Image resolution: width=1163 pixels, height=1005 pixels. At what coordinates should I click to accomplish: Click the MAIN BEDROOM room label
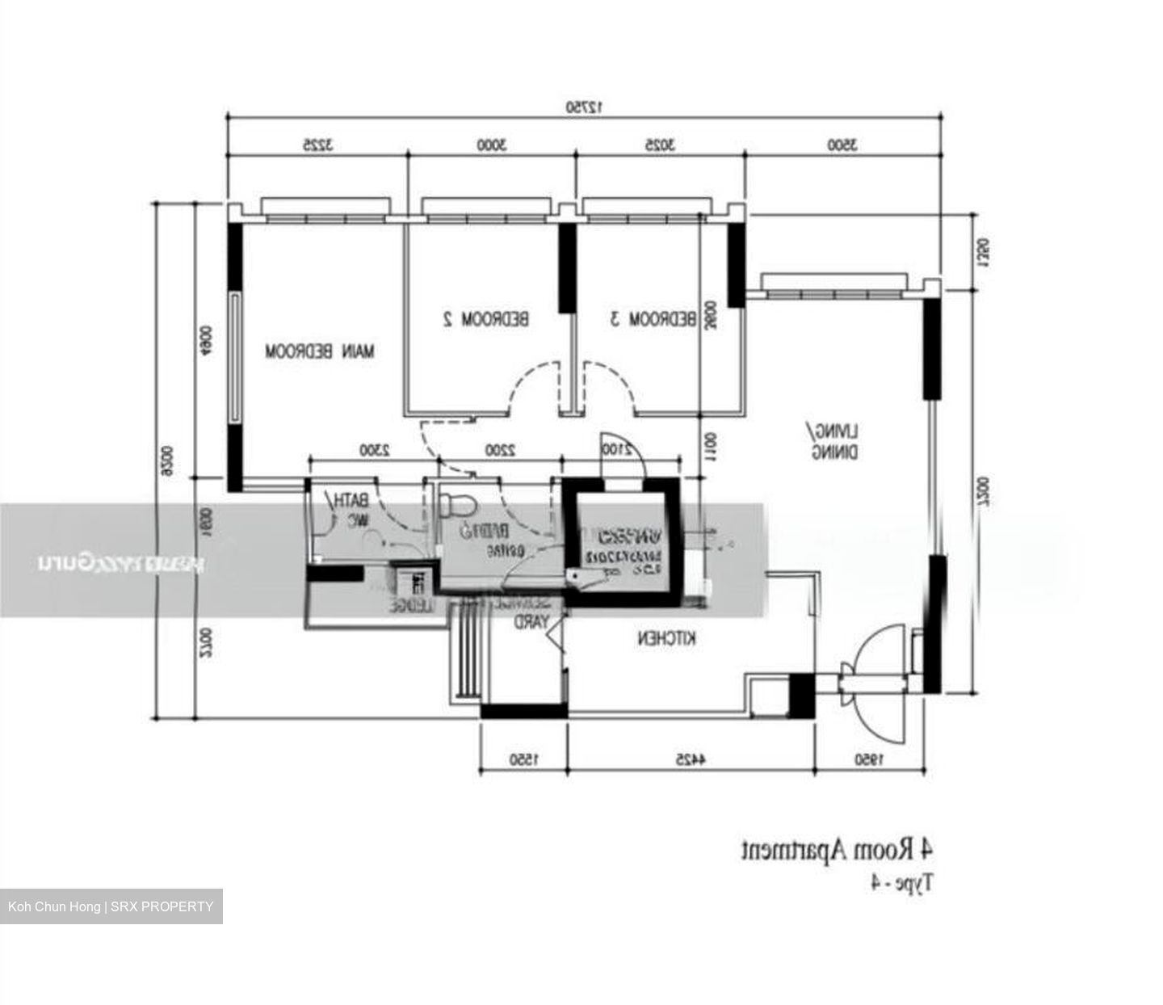[321, 351]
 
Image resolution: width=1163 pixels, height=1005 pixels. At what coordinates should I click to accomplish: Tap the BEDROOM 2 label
[486, 319]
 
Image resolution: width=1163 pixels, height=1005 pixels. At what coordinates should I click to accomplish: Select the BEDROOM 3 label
[653, 319]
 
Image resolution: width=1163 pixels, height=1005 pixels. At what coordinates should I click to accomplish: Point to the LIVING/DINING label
[835, 441]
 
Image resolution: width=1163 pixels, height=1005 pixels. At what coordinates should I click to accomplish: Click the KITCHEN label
[666, 639]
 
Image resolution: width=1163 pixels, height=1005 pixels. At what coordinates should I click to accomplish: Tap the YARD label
[532, 622]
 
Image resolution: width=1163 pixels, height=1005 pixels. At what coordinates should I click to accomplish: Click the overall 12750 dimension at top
[584, 106]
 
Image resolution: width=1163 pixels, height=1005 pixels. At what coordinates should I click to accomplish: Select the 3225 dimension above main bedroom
[317, 145]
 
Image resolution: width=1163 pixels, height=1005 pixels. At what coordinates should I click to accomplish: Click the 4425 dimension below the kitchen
[691, 759]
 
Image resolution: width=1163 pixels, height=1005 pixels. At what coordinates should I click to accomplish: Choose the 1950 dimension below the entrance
[869, 759]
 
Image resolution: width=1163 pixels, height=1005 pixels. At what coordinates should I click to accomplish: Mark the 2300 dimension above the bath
[374, 450]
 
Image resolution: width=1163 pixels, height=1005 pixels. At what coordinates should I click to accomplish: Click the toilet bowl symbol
[458, 506]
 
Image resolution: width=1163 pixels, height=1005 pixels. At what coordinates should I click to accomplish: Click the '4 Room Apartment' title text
[838, 851]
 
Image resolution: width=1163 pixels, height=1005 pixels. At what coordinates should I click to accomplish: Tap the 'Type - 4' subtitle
[901, 883]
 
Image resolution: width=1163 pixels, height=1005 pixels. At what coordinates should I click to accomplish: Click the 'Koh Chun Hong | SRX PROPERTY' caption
[111, 906]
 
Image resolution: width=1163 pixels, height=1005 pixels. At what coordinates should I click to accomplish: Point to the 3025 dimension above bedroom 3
[659, 145]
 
